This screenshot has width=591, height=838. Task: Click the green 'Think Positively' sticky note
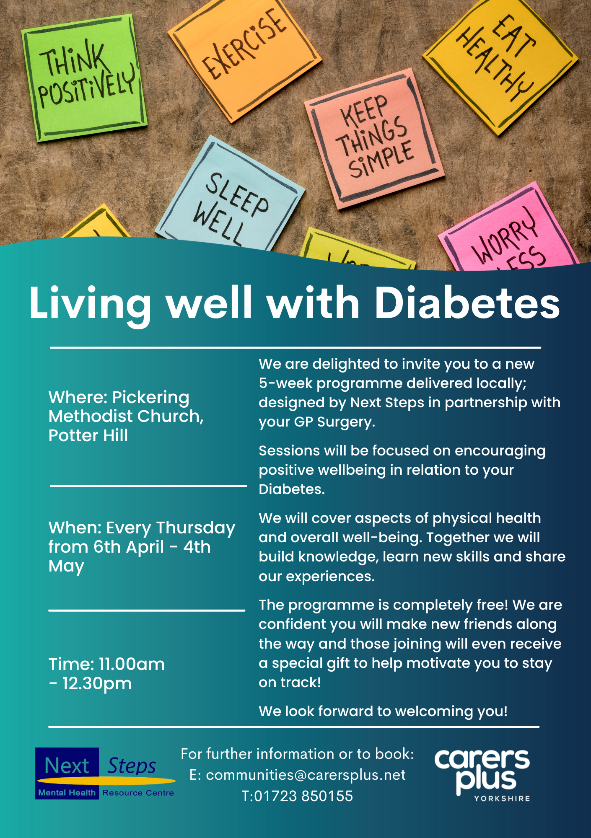click(x=85, y=78)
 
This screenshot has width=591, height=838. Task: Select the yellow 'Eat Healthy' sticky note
click(x=501, y=63)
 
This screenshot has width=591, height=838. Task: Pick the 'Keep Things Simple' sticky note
click(x=374, y=138)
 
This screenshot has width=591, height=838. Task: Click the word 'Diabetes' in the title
click(x=467, y=303)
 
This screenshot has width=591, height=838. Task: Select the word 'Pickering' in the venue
click(x=151, y=398)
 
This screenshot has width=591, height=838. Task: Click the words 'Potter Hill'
click(x=88, y=435)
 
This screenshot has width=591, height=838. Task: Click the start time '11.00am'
click(x=132, y=664)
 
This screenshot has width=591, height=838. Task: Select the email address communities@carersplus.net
click(x=306, y=775)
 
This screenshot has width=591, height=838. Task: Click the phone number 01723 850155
click(x=303, y=796)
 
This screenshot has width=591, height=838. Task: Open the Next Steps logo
click(x=105, y=773)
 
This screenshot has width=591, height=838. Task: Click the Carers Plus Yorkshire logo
click(x=482, y=775)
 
